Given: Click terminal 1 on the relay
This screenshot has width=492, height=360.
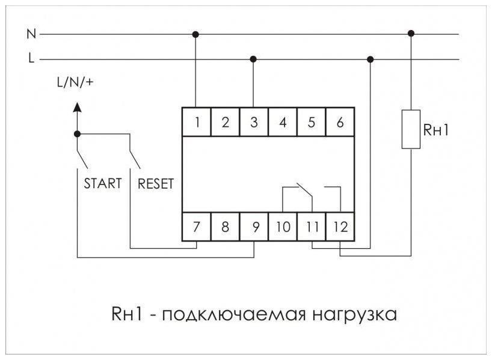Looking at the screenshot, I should click(197, 123).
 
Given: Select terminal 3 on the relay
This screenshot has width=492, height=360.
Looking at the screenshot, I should click(254, 123).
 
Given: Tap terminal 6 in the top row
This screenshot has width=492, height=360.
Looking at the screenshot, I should click(340, 123).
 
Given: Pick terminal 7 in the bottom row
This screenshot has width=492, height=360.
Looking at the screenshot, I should click(197, 228).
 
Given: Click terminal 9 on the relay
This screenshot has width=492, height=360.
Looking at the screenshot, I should click(254, 228).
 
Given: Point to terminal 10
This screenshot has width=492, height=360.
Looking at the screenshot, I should click(283, 228).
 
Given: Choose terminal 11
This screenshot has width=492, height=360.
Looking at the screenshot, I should click(312, 228).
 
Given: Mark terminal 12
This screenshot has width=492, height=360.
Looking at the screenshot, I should click(340, 228).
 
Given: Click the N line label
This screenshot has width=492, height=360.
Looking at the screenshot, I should click(31, 34).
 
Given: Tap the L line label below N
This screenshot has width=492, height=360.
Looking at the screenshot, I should click(31, 59).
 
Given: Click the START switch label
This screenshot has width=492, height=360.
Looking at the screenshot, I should click(102, 183).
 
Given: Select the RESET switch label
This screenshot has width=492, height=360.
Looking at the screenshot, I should click(155, 183).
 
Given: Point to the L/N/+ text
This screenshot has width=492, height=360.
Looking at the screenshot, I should click(75, 83).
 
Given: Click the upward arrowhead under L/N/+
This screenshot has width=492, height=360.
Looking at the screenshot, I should click(76, 107).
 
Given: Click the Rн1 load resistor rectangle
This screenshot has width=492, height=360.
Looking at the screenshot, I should click(411, 129).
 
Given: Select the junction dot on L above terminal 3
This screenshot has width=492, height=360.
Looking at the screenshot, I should click(253, 59).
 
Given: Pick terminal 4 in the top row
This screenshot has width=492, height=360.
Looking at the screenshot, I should click(283, 123).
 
